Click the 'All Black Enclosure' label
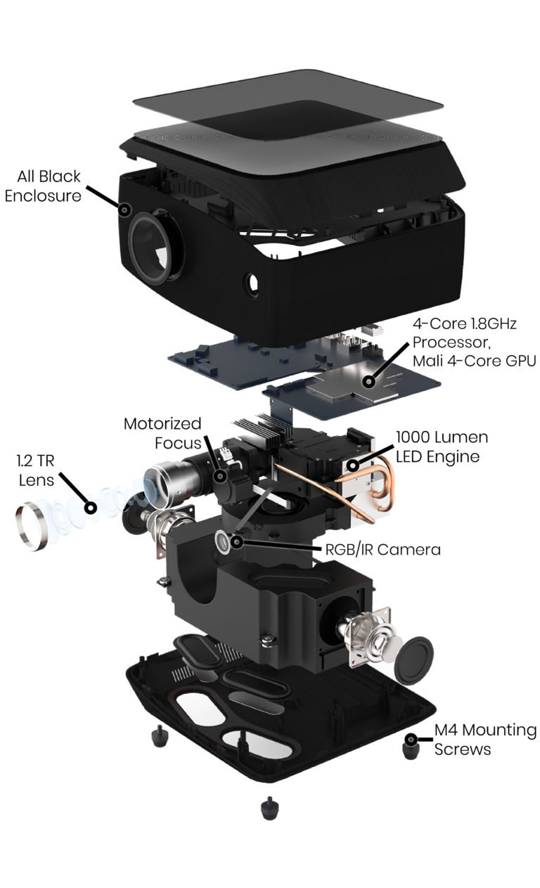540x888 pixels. coord(43,186)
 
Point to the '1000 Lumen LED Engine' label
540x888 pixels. coord(442,446)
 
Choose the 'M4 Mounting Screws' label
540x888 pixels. coord(485,740)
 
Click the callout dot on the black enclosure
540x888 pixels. coord(126,210)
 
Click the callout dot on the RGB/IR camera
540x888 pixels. coord(237,541)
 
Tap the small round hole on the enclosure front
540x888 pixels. coord(252,284)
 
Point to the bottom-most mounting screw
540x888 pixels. coord(268,807)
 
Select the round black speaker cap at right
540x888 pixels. coord(413,659)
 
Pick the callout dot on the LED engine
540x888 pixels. coord(352,465)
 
